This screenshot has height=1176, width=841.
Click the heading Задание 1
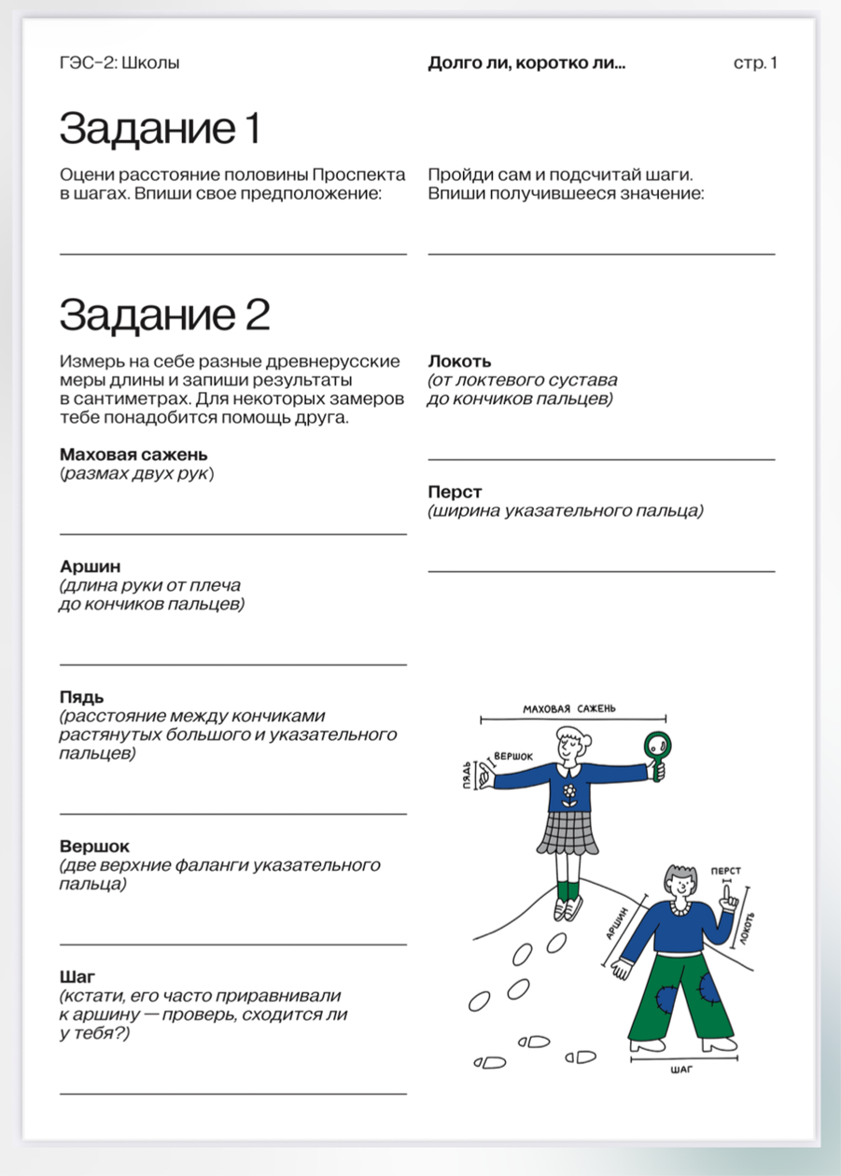tap(160, 129)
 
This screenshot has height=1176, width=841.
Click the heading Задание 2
tap(164, 315)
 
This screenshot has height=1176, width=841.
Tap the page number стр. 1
tap(755, 63)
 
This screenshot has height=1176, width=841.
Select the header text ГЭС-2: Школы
tap(119, 63)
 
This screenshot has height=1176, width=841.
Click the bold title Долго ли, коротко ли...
tap(526, 63)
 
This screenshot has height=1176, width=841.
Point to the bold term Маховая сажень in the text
tap(133, 455)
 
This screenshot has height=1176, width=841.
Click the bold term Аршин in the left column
tap(91, 567)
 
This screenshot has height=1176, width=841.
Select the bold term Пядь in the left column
tap(82, 697)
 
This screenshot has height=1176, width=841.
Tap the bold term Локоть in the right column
tap(459, 361)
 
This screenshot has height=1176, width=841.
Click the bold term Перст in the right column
tap(456, 492)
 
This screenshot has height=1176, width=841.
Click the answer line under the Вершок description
tap(233, 945)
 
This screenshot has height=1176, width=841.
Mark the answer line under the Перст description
tap(601, 571)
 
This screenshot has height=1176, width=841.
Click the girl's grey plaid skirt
tap(566, 834)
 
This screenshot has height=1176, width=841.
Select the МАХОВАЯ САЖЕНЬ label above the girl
tap(569, 708)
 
